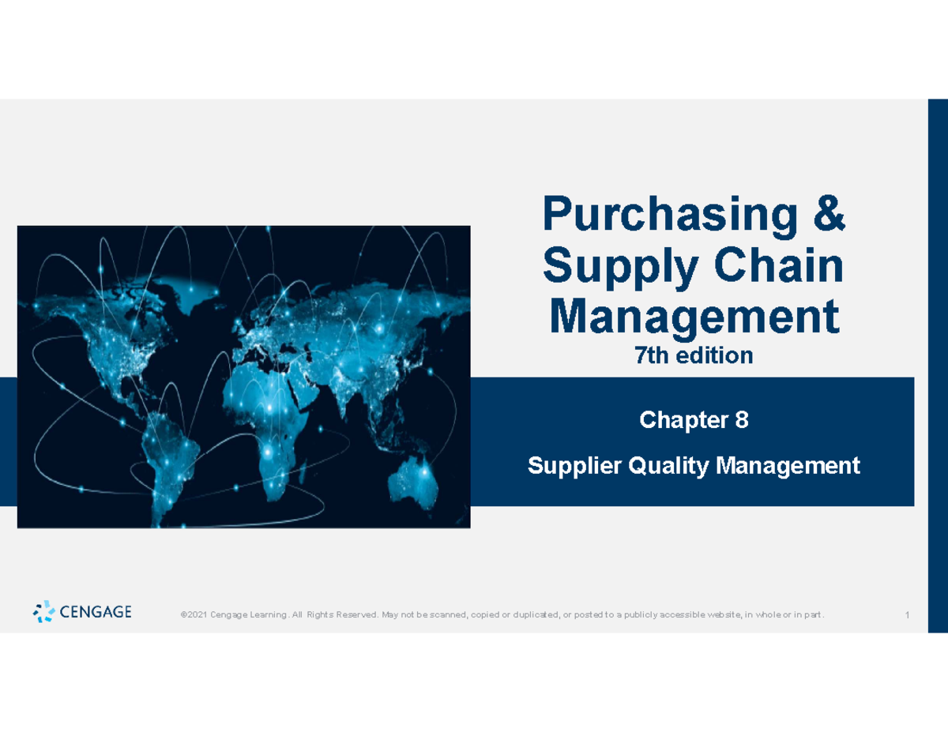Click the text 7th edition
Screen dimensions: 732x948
[x=693, y=357]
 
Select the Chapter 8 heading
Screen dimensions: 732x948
[x=693, y=421]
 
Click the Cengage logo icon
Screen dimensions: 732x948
[x=44, y=611]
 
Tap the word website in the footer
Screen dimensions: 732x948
[x=719, y=615]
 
